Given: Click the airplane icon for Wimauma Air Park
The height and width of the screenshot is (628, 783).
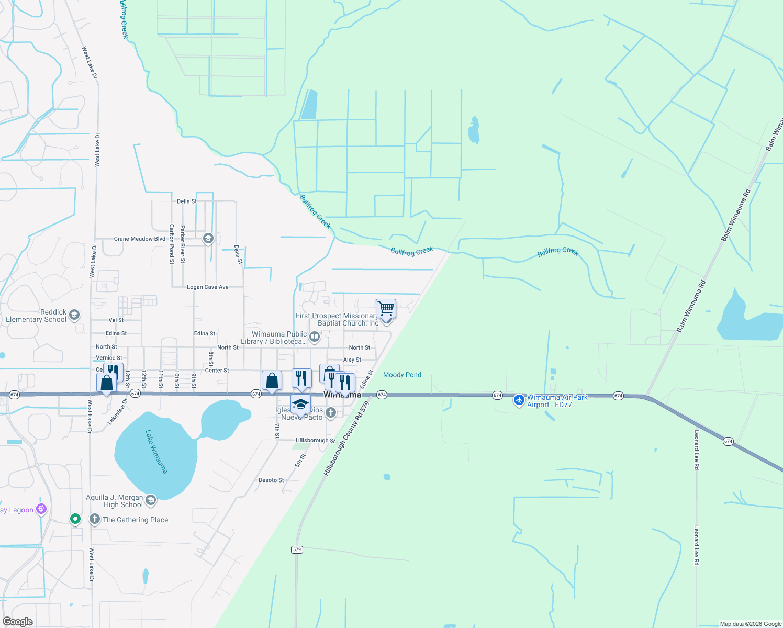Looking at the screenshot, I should tap(519, 400).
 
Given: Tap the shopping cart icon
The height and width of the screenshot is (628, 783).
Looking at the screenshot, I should tap(386, 308).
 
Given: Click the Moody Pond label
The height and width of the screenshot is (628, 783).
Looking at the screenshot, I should tap(402, 375).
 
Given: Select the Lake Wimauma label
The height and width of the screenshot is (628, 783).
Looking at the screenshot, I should tap(156, 452).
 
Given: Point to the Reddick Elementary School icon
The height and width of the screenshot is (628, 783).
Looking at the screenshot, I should tap(74, 315).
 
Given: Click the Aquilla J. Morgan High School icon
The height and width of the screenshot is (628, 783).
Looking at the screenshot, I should tap(151, 501).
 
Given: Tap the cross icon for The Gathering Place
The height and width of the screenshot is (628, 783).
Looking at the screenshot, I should tap(95, 519).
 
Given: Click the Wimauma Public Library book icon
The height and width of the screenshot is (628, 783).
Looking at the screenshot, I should tap(315, 337).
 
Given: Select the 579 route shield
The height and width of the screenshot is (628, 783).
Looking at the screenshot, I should tap(297, 549).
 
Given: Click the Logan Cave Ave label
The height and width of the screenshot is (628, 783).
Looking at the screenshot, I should tap(208, 287).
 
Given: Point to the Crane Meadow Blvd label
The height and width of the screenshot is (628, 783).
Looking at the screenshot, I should tap(140, 239).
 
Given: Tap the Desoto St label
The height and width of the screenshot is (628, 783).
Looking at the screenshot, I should tap(271, 480).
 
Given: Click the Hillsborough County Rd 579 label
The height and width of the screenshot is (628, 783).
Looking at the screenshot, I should tap(343, 439).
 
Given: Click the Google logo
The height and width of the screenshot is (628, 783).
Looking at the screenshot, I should tap(18, 622).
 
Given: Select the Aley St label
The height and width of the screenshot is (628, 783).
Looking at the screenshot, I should tap(352, 360).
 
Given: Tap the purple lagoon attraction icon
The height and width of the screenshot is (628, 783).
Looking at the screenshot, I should tap(41, 509).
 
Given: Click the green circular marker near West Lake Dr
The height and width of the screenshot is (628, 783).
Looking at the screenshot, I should tap(75, 519).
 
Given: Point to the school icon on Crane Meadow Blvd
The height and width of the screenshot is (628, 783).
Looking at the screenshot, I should tap(208, 239).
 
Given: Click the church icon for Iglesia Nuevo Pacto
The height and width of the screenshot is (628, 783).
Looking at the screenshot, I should tap(330, 413).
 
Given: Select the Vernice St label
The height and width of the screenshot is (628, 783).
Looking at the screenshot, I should tap(109, 358).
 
